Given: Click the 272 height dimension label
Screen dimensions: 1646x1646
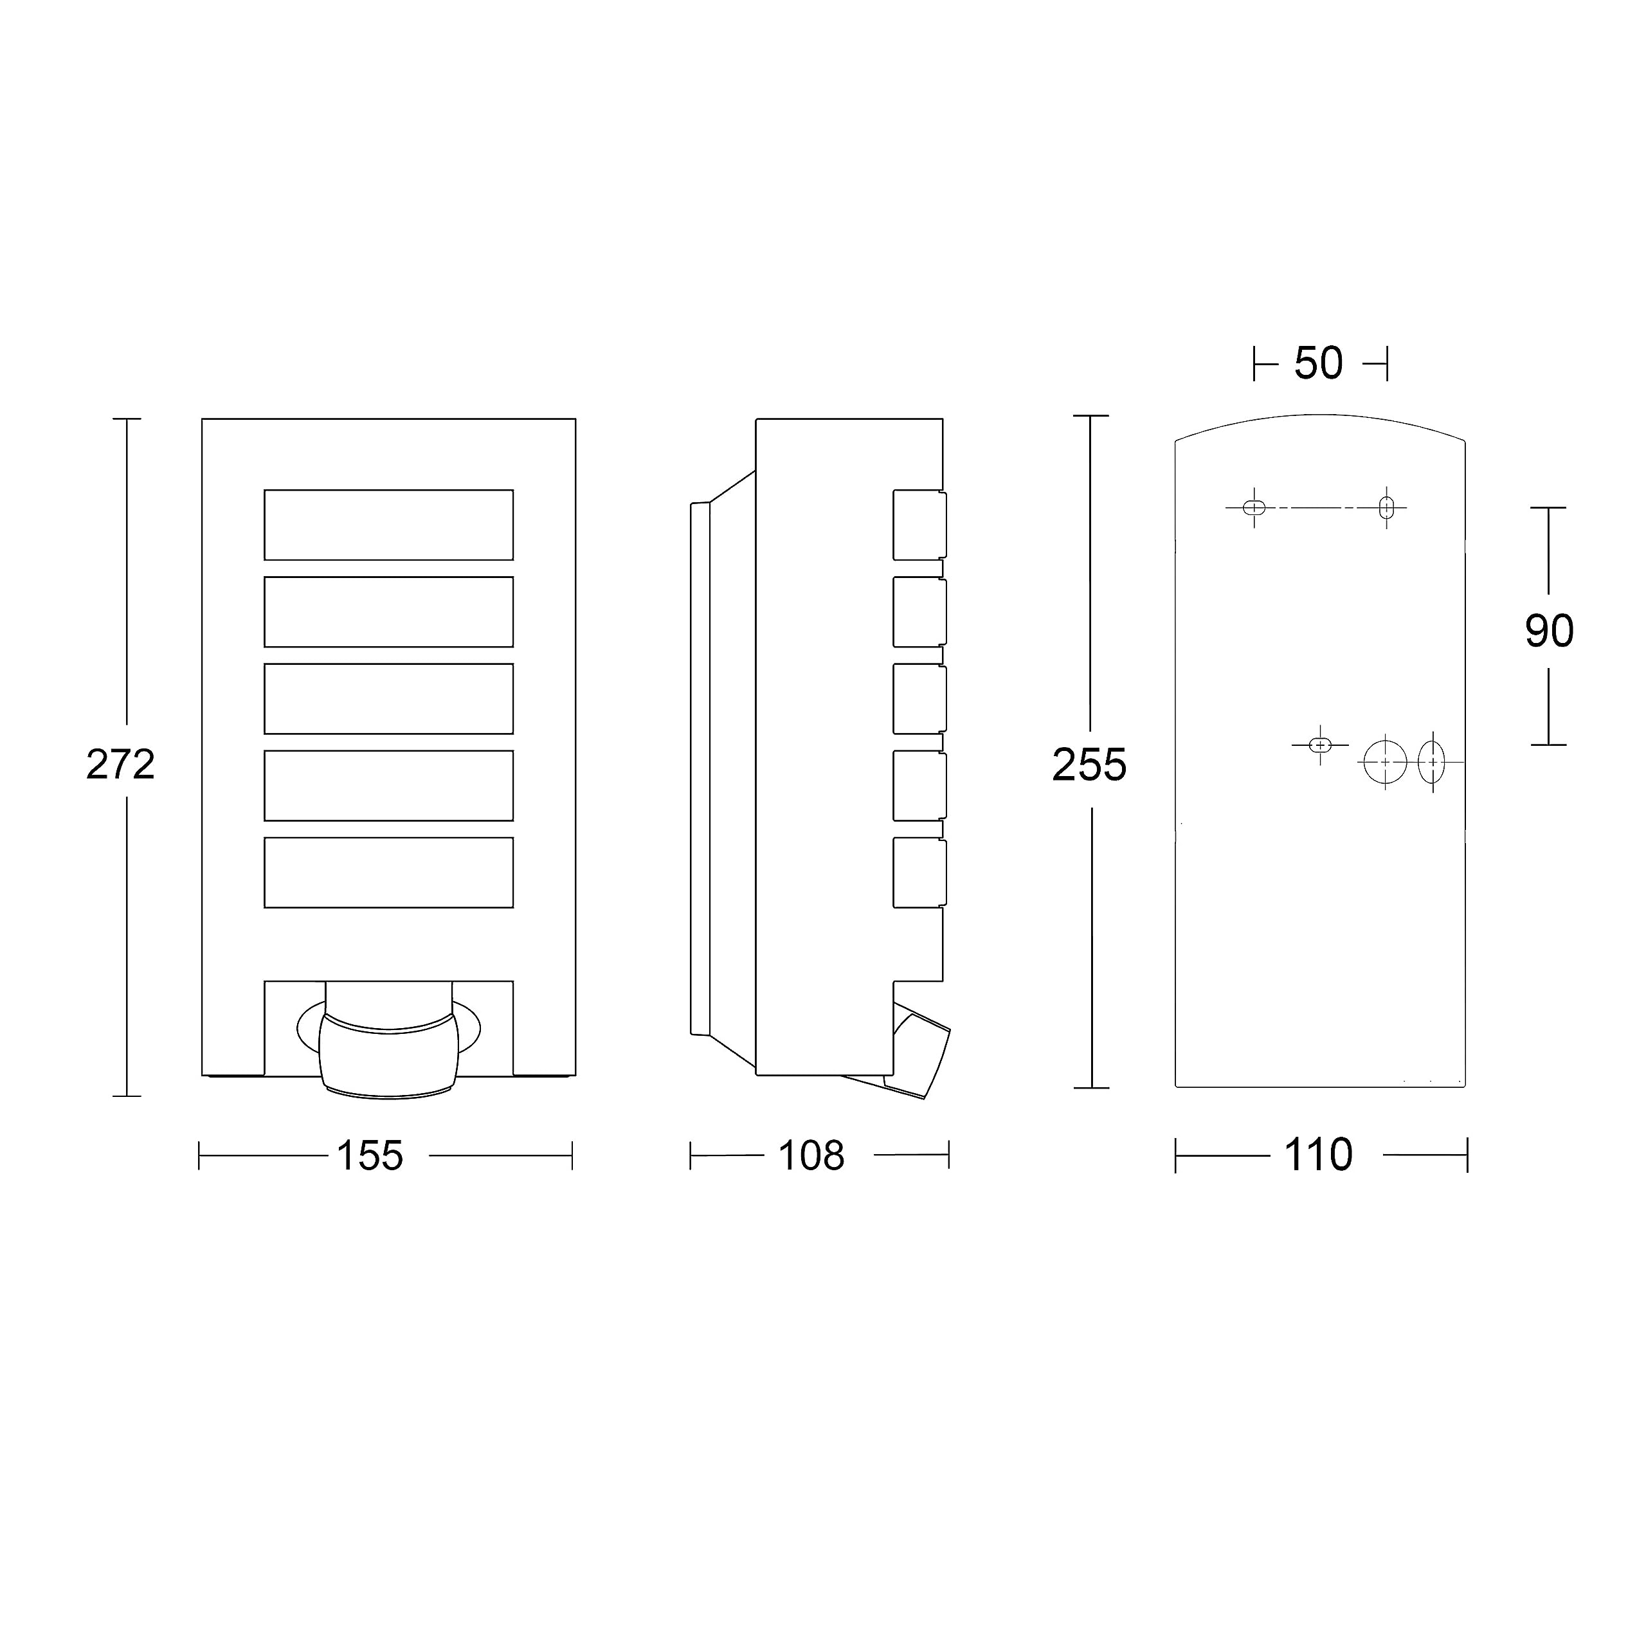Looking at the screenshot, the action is (120, 765).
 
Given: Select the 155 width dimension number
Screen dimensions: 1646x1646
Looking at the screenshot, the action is (370, 1156).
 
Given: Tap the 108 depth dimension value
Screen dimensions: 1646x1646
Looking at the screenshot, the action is (811, 1156).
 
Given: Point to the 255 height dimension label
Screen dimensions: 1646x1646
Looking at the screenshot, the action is (1089, 765).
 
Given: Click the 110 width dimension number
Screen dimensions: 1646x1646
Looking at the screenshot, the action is (1318, 1155).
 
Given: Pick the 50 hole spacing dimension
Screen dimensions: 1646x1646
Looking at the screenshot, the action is (1319, 364).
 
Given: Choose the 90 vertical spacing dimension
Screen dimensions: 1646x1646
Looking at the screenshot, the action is (1549, 631).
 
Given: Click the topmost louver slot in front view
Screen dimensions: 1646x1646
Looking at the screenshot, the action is (388, 525).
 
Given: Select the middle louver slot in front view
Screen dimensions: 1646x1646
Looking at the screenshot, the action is (388, 699).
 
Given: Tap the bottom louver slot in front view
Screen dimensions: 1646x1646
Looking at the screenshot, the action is (388, 873).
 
